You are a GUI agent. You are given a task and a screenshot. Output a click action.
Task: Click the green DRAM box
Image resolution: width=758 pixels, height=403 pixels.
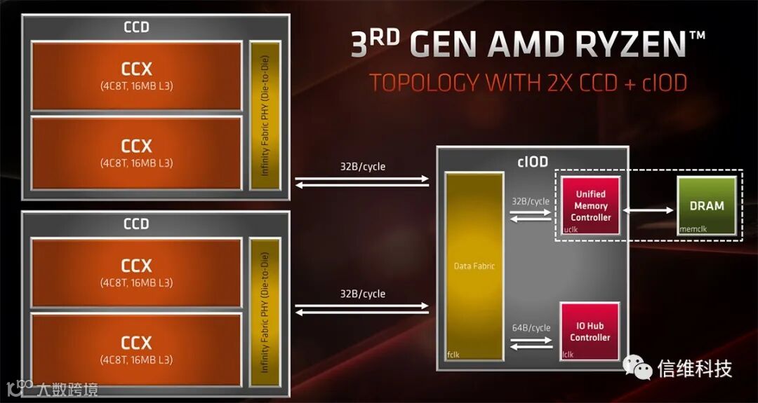(x=706, y=205)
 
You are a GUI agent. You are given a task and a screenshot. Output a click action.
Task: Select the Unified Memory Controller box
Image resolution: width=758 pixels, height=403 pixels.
(x=590, y=205)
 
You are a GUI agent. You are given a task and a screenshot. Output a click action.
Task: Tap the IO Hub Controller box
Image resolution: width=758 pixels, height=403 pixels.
(x=590, y=332)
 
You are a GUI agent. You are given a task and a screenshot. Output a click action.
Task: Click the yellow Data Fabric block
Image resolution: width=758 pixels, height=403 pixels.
(x=474, y=266)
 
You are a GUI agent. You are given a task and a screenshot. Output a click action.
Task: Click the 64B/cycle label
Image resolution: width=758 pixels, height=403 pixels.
(x=531, y=328)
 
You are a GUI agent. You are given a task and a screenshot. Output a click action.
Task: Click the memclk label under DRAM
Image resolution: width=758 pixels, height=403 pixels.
(x=693, y=229)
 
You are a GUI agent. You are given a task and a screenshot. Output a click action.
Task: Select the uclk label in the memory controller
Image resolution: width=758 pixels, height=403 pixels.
(x=570, y=229)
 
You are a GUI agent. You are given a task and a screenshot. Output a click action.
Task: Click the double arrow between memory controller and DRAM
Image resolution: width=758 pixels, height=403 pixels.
(x=649, y=209)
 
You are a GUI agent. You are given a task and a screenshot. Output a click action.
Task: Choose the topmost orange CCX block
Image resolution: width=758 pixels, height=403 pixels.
(x=137, y=75)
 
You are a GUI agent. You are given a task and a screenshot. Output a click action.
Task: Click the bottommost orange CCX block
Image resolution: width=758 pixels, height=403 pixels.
(x=137, y=348)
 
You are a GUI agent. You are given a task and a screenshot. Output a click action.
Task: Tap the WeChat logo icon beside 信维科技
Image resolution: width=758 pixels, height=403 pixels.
(x=637, y=367)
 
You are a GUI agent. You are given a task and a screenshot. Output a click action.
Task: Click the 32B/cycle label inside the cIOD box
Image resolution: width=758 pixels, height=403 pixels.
(x=531, y=201)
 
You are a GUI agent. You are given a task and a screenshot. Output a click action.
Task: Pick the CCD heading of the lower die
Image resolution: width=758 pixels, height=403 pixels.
(x=136, y=224)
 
